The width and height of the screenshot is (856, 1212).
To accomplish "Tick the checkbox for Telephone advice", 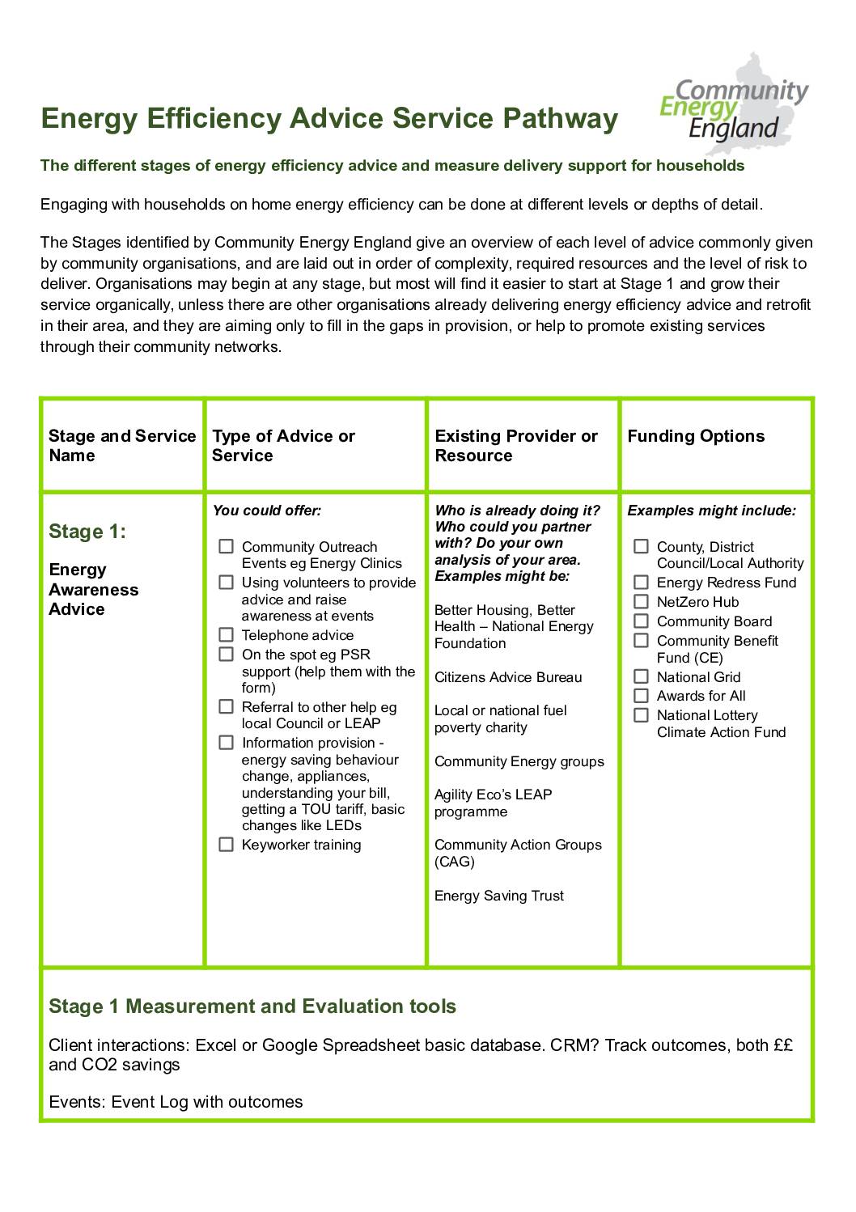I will tap(227, 635).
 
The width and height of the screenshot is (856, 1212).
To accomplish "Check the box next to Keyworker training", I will tap(227, 845).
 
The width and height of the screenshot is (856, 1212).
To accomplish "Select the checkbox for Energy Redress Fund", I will tap(641, 583).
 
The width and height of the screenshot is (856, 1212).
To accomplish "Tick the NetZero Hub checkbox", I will tap(641, 602).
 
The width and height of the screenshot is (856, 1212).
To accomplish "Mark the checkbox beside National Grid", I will tap(641, 676).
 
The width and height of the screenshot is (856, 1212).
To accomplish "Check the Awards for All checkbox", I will tap(641, 696).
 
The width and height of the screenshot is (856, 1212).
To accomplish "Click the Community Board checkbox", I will tap(641, 621).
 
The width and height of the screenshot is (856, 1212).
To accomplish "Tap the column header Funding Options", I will tap(695, 436).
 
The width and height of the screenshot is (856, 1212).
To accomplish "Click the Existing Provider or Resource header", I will tap(515, 446).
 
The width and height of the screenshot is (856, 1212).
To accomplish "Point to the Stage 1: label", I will tap(87, 532).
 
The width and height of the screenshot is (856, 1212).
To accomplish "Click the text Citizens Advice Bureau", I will tap(508, 677).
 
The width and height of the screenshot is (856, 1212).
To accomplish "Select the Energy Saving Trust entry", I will tap(498, 896).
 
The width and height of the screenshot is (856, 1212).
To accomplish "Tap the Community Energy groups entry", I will tap(519, 761).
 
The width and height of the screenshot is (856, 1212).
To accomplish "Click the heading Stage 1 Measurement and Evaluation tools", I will tap(252, 1006).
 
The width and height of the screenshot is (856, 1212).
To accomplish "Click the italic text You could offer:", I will tap(267, 511).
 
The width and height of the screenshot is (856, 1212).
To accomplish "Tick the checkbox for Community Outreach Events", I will tap(227, 547).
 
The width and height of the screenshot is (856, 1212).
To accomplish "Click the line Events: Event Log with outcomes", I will tap(176, 1102).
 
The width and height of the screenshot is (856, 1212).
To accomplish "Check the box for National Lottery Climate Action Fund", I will tap(641, 715).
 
